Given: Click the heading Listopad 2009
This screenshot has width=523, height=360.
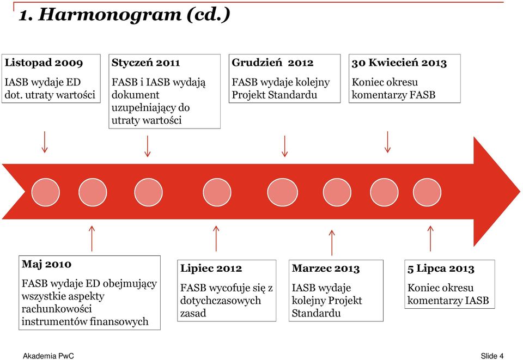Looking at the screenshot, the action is point(44,63).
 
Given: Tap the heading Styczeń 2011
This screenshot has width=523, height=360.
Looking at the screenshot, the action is point(146,63).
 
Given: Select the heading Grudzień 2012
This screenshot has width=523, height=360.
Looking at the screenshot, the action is point(272,63).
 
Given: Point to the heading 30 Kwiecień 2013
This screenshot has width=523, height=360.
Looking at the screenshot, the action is point(399,63).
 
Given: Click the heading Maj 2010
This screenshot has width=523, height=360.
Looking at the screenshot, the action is point(46,264).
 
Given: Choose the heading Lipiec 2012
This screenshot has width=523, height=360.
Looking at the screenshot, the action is point(211,269).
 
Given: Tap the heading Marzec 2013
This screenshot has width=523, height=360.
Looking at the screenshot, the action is point(326,269).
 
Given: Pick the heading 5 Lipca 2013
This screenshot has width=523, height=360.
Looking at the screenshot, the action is point(441,269).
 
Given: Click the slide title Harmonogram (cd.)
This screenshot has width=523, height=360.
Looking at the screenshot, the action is point(124,15).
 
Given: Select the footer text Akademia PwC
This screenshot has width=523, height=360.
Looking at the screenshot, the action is point(48,356).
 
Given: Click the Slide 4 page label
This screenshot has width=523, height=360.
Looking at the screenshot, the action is point(492,356).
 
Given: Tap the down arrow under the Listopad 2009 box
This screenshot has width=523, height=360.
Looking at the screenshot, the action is point(44,142).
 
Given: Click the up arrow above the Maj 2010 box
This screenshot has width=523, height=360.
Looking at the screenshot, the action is point(92,239).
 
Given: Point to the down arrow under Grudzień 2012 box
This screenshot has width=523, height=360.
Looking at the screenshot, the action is point(284,146).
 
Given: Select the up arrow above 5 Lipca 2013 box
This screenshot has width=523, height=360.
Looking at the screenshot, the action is point(430,239).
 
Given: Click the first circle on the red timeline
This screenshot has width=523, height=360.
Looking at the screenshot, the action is point(45,192).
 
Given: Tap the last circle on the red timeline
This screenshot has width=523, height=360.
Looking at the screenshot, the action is point(427,192).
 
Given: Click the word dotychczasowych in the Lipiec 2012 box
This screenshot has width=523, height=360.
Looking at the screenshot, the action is point(221,301).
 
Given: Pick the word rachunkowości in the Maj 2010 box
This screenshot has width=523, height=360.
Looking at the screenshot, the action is point(57,309).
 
